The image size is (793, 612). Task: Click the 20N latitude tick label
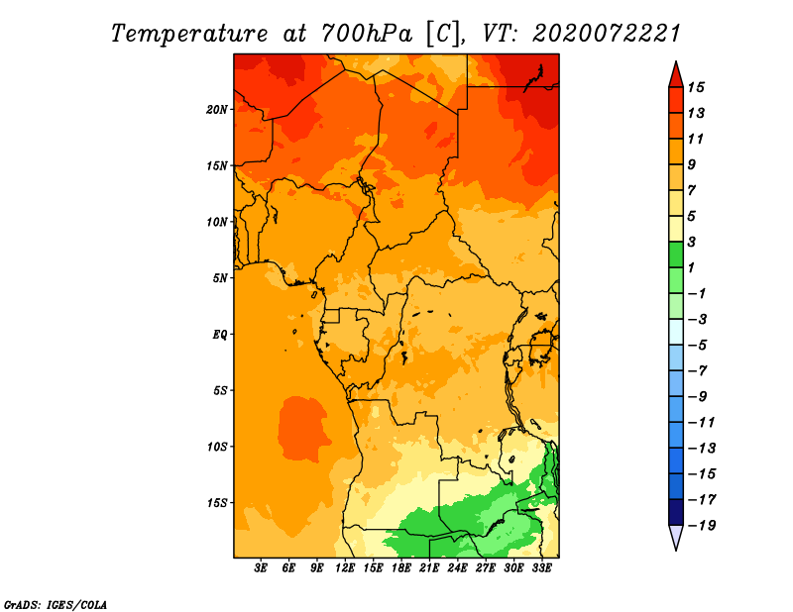pos(217,110)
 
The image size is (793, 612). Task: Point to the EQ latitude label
pos(220,335)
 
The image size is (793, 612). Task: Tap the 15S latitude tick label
pos(217,503)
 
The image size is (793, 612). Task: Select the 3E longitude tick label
pos(261,568)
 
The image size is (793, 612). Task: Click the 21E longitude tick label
pos(429,568)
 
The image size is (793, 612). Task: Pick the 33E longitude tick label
pos(541,568)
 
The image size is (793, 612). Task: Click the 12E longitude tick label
pos(345,568)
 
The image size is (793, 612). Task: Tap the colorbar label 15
pos(696,87)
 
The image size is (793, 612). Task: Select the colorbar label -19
pos(702,526)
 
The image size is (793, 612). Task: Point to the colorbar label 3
pos(692,242)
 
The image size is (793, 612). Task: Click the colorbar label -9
pos(698,397)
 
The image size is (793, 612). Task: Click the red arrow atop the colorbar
pos(676,75)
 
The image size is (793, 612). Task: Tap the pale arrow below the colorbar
pos(676,537)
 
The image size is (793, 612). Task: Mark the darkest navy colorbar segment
pos(676,512)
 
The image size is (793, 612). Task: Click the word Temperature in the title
pos(189,34)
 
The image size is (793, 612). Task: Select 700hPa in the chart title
pos(367,34)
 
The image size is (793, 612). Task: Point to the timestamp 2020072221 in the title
pos(607,34)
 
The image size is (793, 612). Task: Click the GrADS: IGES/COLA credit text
pos(56,605)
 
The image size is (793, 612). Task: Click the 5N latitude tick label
pos(220,278)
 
